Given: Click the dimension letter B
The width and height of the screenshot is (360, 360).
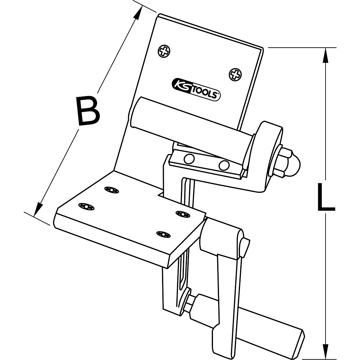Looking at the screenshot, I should (x=88, y=111).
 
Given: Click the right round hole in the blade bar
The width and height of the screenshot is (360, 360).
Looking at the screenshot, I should (x=224, y=165).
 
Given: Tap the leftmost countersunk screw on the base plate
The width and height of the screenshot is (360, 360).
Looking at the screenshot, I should (x=86, y=206).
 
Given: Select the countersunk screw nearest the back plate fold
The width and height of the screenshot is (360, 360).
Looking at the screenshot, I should (x=112, y=190).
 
